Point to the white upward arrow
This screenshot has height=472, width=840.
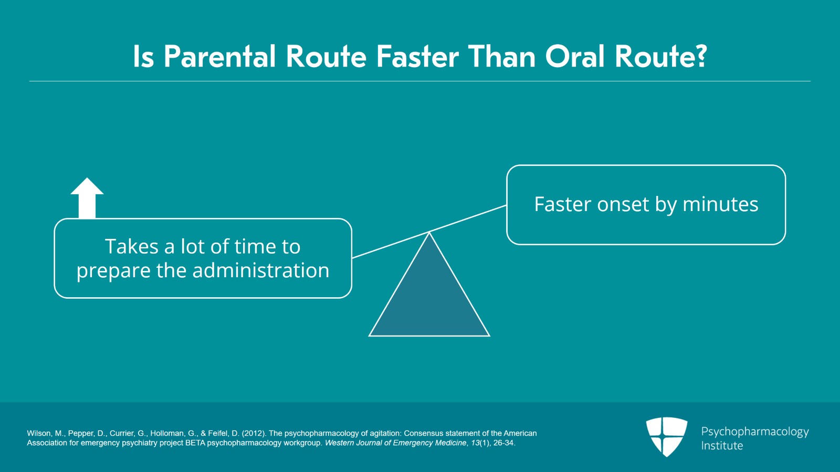(87, 198)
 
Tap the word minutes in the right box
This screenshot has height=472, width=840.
(720, 204)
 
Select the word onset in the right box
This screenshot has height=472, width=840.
(623, 204)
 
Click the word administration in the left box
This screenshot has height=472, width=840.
(260, 270)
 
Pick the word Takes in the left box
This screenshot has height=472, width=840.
(132, 247)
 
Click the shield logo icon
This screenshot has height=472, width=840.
(666, 437)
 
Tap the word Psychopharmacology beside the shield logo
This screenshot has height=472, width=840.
(755, 432)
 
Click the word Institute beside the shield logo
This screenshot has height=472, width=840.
(722, 446)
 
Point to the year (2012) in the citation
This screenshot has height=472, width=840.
(254, 433)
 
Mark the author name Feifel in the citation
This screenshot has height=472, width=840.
(218, 433)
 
